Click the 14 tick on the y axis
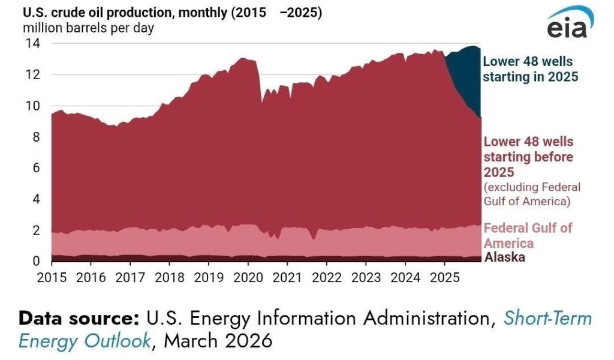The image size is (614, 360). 32,43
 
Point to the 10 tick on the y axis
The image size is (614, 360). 32,106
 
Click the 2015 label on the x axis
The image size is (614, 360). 52,278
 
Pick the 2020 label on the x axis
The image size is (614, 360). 248,278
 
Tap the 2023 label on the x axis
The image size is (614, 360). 365,278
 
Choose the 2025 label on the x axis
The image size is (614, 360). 444,278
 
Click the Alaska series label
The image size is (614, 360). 504,257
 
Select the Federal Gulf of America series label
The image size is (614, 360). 528,235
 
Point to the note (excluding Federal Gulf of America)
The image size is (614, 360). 532,194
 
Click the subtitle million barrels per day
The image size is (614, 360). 88,28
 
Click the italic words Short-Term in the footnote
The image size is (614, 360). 547,318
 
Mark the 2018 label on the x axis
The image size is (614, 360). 169,278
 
